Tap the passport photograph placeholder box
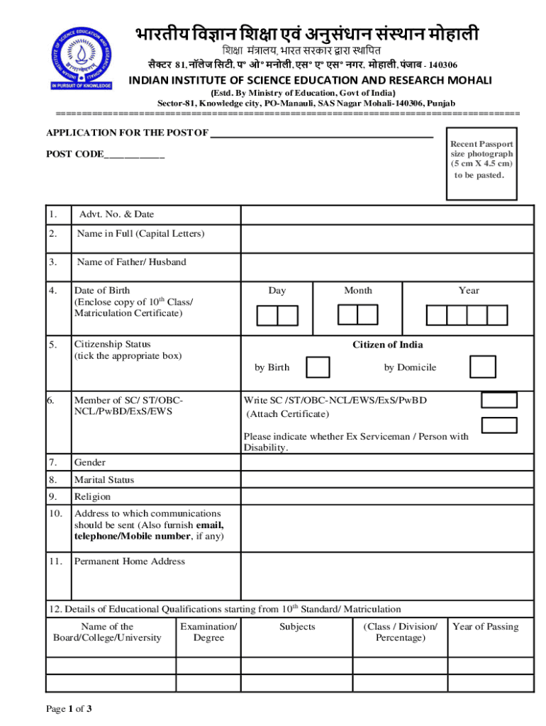480,163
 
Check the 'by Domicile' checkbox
483,367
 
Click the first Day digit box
267,315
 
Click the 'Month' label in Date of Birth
357,290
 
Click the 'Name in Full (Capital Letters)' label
140,233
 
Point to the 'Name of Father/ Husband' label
131,262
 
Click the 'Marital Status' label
104,479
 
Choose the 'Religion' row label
92,496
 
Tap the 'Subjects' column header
297,626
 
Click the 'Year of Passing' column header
485,626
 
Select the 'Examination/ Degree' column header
208,632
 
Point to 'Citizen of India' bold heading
388,345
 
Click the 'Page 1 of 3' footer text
69,708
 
